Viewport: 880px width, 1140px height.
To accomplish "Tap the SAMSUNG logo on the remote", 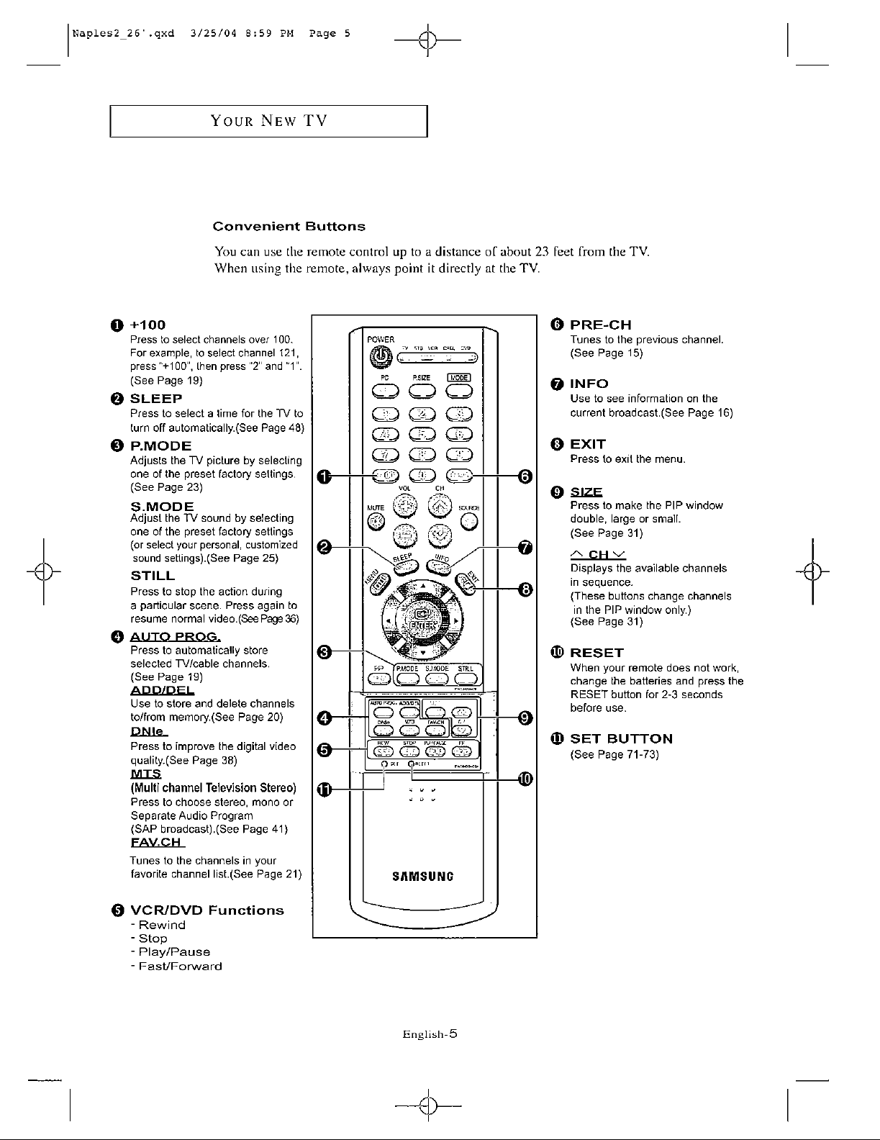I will pyautogui.click(x=422, y=877).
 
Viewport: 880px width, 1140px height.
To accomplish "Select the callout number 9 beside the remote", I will pyautogui.click(x=525, y=718).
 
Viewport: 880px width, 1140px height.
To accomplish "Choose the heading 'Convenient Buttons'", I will pyautogui.click(x=289, y=227).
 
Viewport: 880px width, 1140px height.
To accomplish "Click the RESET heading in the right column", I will pyautogui.click(x=597, y=653).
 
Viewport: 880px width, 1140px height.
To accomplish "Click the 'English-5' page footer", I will pyautogui.click(x=430, y=1034).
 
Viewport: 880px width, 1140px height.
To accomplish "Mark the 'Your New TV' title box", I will pyautogui.click(x=268, y=120).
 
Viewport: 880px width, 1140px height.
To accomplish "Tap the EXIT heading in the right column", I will pyautogui.click(x=588, y=443).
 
